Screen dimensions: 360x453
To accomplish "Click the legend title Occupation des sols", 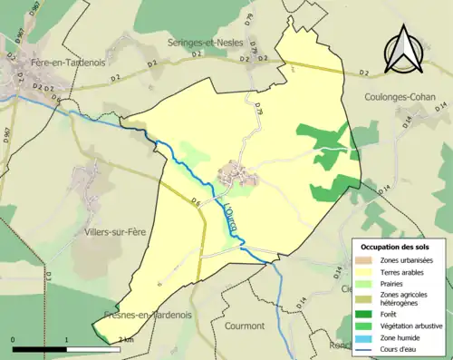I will coord(396,248).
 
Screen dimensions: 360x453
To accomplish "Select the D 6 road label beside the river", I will coord(194,201).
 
